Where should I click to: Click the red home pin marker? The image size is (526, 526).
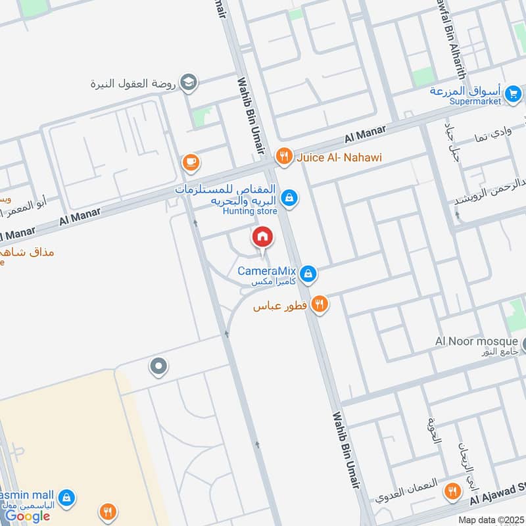tap(262, 237)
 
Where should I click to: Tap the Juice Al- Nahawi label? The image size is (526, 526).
tap(339, 157)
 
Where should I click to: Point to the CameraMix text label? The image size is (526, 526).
tap(266, 271)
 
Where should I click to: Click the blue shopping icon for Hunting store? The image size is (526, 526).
tap(288, 197)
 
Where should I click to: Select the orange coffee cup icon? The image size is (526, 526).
tap(190, 162)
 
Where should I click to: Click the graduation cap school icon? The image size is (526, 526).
tap(189, 82)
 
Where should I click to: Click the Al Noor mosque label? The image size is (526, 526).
tap(477, 341)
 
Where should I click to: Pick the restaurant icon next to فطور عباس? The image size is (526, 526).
tap(319, 304)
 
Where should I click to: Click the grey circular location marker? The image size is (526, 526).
tap(158, 366)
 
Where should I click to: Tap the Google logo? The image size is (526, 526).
tap(28, 516)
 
